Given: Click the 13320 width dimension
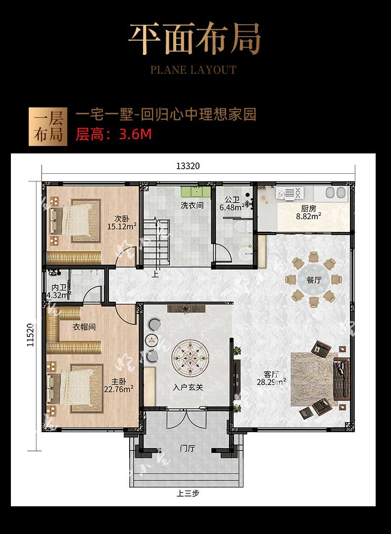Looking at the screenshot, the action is pos(188,166).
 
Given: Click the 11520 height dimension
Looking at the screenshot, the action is pos(31,335).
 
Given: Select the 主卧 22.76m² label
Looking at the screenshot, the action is pos(118,385).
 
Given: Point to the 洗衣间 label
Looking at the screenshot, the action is pos(192,205).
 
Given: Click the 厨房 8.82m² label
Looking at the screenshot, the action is pos(308,212).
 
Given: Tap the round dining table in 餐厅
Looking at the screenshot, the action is pos(314,280).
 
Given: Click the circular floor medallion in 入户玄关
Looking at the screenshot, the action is pos(190,356).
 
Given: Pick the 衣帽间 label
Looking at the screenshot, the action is pos(84,327).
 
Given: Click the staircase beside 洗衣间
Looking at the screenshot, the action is pos(156,242).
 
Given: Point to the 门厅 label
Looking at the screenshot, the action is pos(187,448).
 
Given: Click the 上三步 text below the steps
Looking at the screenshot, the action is pos(188,493).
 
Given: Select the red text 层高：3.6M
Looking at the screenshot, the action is pos(113,135).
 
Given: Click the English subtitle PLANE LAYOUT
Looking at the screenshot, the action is pos(194,70).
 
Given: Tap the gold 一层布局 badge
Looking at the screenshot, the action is pos(48,127).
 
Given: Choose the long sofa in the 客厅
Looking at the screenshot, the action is pos(342,379).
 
